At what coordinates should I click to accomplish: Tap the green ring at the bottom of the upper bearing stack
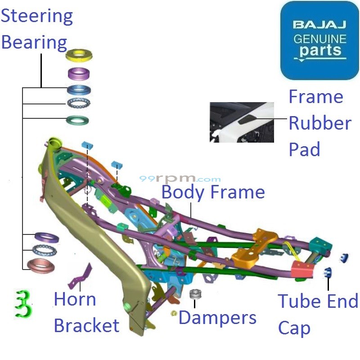tap(79, 120)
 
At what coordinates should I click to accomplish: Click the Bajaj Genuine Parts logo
tap(319, 40)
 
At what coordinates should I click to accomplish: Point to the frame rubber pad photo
tap(242, 122)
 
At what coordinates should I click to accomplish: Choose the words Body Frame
tap(213, 192)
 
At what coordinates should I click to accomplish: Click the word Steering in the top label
tap(37, 17)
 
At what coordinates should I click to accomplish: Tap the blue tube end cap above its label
tap(328, 272)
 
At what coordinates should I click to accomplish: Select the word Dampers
tap(217, 318)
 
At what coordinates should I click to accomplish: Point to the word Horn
tap(75, 299)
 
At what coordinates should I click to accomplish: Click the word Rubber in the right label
tap(319, 123)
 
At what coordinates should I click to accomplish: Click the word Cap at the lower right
tap(294, 328)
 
